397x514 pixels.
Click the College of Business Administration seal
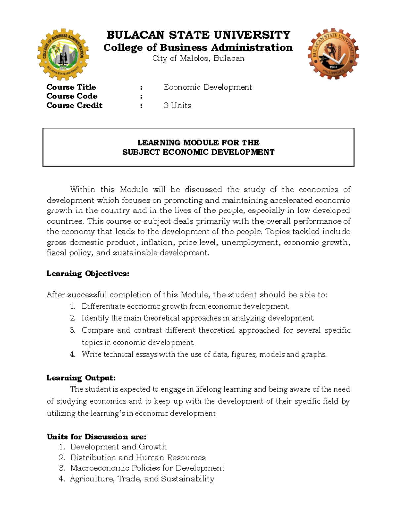pyautogui.click(x=63, y=55)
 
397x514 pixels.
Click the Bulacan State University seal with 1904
pyautogui.click(x=333, y=54)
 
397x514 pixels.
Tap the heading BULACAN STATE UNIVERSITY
pyautogui.click(x=198, y=35)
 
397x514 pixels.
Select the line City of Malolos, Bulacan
pyautogui.click(x=198, y=58)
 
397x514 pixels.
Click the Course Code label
pyautogui.click(x=72, y=96)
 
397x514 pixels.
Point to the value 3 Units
pyautogui.click(x=177, y=105)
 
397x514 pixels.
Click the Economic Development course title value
pyautogui.click(x=208, y=87)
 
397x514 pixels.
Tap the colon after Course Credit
pyautogui.click(x=141, y=106)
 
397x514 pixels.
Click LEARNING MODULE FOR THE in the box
pyautogui.click(x=198, y=143)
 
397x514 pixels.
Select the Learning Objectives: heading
pyautogui.click(x=88, y=274)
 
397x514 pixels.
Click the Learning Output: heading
pyautogui.click(x=81, y=378)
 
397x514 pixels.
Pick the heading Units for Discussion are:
pyautogui.click(x=96, y=437)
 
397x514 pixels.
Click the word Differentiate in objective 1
pyautogui.click(x=103, y=306)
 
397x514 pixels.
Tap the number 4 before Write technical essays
pyautogui.click(x=72, y=354)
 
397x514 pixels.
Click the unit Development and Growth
pyautogui.click(x=118, y=447)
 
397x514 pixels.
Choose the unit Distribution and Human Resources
pyautogui.click(x=138, y=457)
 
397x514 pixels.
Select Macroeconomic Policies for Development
pyautogui.click(x=147, y=468)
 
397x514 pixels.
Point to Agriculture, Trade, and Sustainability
pyautogui.click(x=142, y=479)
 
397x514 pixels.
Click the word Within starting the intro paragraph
pyautogui.click(x=83, y=190)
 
